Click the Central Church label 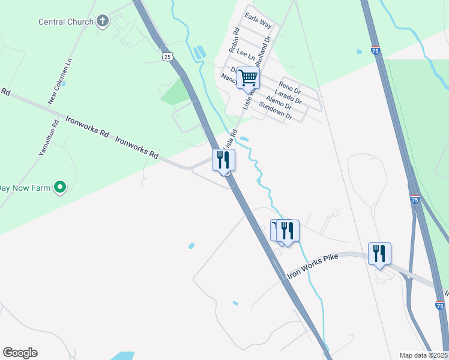(66, 22)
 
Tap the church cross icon (103, 22)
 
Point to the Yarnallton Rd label (48, 139)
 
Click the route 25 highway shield (167, 56)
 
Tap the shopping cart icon (248, 77)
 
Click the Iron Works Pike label (313, 265)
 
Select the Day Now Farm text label (24, 188)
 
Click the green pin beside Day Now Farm (59, 188)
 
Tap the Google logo (20, 352)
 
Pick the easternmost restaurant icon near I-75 (379, 253)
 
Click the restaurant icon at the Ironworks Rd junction (223, 160)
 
